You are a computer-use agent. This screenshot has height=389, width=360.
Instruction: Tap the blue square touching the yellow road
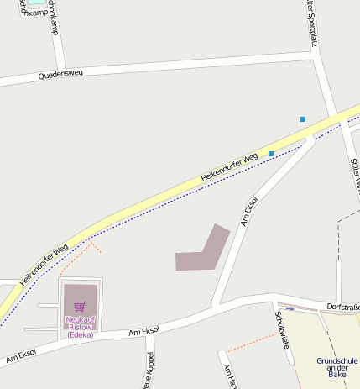pyautogui.click(x=271, y=153)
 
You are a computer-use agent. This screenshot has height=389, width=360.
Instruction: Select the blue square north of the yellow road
pyautogui.click(x=302, y=119)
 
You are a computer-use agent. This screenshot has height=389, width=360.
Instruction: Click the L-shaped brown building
pyautogui.click(x=203, y=251)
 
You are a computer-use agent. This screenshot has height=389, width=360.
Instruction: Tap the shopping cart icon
pyautogui.click(x=80, y=307)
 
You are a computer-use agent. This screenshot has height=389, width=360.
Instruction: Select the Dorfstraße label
pyautogui.click(x=343, y=308)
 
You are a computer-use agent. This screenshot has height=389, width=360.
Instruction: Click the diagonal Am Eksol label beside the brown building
pyautogui.click(x=248, y=212)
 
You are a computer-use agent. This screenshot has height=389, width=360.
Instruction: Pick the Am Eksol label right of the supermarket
pyautogui.click(x=144, y=333)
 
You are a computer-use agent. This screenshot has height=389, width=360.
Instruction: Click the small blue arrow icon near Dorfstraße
pyautogui.click(x=290, y=308)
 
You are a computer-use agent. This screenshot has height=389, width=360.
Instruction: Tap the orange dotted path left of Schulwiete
pyautogui.click(x=251, y=342)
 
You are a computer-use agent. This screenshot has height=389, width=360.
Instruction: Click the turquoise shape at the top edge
pyautogui.click(x=35, y=3)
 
